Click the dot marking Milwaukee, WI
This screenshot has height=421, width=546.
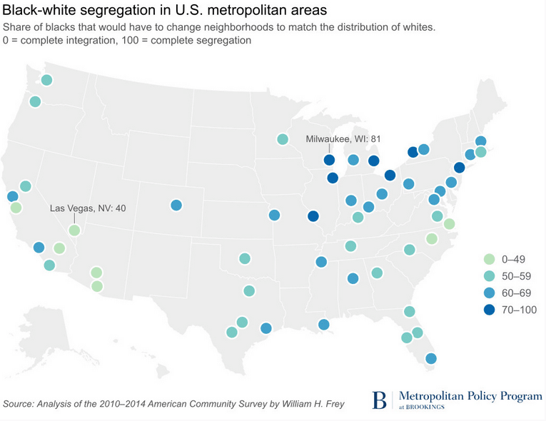pyautogui.click(x=329, y=161)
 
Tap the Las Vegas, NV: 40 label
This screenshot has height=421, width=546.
pyautogui.click(x=88, y=208)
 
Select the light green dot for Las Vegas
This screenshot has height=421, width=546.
pyautogui.click(x=74, y=230)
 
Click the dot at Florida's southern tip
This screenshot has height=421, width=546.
pyautogui.click(x=430, y=358)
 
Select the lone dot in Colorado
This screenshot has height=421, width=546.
pyautogui.click(x=176, y=206)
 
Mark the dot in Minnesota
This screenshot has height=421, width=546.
pyautogui.click(x=283, y=139)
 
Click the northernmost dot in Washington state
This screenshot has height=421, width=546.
pyautogui.click(x=46, y=80)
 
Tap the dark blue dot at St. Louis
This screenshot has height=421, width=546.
pyautogui.click(x=313, y=216)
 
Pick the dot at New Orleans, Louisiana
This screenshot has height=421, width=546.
pyautogui.click(x=324, y=325)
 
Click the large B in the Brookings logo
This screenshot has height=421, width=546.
pyautogui.click(x=380, y=400)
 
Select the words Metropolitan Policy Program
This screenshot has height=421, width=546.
pyautogui.click(x=470, y=395)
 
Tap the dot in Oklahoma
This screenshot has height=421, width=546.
pyautogui.click(x=245, y=258)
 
